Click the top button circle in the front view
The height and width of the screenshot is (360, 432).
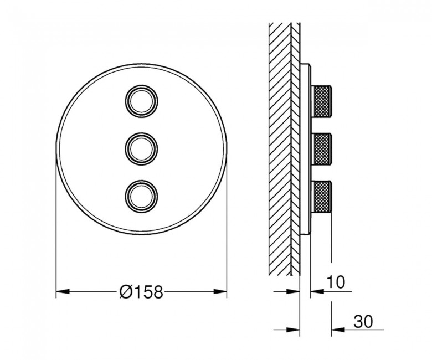point(142,86)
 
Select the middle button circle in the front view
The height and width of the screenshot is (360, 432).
point(142,133)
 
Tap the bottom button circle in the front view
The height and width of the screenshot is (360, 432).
point(142,181)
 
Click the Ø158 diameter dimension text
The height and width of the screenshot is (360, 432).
point(141,292)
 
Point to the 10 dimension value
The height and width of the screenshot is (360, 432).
point(336,282)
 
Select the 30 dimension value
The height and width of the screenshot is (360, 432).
point(363,321)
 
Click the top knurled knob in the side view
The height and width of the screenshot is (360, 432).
point(321,101)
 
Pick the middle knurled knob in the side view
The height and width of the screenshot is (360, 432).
point(321,149)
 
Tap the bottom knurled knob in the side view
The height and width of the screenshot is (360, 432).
point(321,197)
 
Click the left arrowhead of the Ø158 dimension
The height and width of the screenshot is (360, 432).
point(63,291)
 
